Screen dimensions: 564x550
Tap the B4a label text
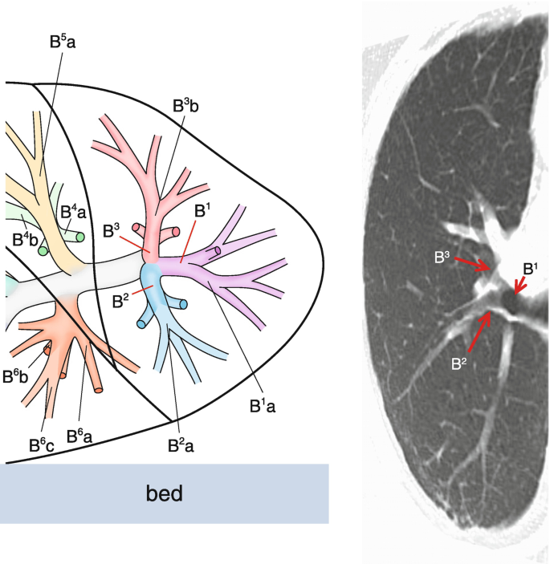[x=74, y=213]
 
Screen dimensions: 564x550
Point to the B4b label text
[x=26, y=239]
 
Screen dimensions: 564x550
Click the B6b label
[x=16, y=375]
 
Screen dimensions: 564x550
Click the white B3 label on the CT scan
[x=443, y=258]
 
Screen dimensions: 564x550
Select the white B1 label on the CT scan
[x=531, y=268]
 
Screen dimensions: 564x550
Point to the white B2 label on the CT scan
[x=458, y=363]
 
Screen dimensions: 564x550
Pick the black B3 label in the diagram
[x=113, y=230]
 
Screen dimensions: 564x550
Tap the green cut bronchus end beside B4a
[x=79, y=237]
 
